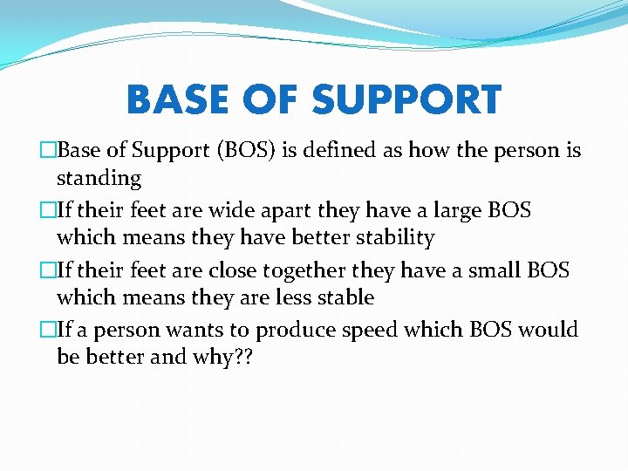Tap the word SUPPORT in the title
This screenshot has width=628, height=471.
tap(406, 100)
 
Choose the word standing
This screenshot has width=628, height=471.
tap(99, 179)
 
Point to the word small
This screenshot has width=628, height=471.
tap(492, 270)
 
